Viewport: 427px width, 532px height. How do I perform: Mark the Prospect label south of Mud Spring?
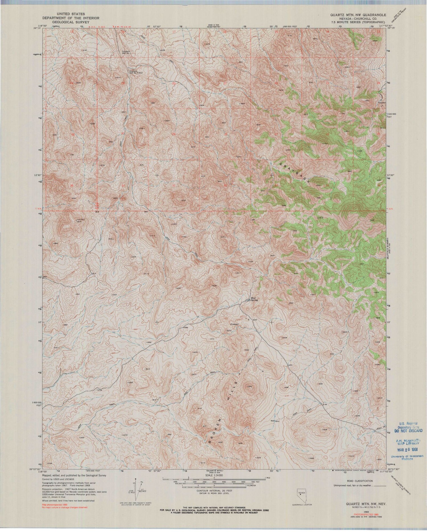pos(234,324)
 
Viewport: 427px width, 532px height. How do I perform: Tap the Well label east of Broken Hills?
pos(272,421)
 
